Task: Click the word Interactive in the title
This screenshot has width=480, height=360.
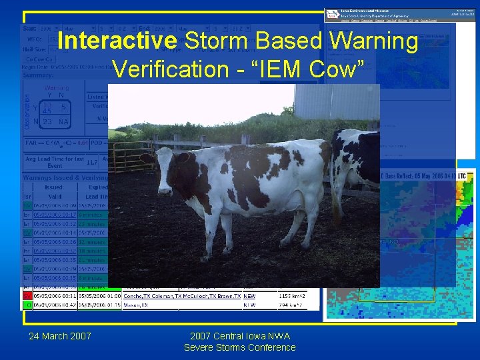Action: pos(117,41)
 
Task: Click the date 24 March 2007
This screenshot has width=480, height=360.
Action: pos(60,335)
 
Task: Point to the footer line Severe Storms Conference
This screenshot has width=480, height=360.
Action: pos(240,347)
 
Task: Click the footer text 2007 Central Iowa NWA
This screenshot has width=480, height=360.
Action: pos(240,335)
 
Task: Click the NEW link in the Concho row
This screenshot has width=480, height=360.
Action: pos(249,295)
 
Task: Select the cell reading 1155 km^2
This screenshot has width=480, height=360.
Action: pos(291,295)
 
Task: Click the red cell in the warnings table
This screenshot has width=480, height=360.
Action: pos(27,295)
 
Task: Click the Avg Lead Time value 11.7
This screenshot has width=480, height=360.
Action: pos(92,161)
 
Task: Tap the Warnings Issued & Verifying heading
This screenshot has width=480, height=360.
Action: pos(63,178)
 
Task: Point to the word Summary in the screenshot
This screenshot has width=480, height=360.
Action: pos(38,75)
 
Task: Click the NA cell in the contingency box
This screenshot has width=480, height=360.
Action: pos(63,122)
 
